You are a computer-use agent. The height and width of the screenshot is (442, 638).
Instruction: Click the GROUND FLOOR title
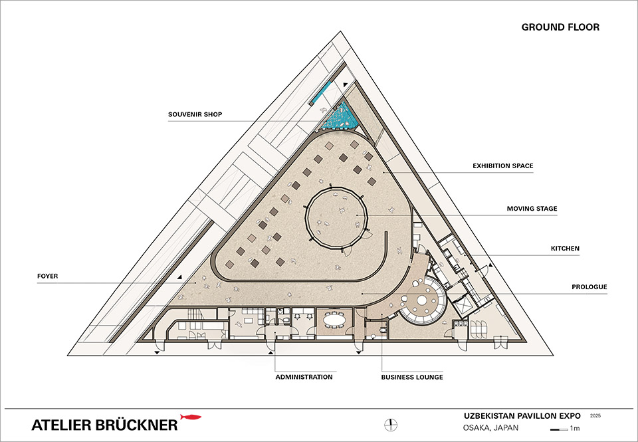[x=560, y=27]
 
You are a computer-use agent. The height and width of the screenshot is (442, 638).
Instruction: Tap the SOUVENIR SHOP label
[x=195, y=114]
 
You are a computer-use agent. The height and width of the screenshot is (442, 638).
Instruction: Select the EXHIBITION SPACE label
[x=502, y=166]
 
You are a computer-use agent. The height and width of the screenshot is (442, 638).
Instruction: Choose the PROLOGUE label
[x=588, y=287]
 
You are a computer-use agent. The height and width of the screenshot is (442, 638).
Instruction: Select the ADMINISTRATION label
[x=304, y=377]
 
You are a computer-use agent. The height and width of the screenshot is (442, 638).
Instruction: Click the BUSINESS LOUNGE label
[x=412, y=377]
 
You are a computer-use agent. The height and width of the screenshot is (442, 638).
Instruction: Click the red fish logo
[x=191, y=417]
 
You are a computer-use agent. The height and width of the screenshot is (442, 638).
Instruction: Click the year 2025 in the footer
[x=595, y=415]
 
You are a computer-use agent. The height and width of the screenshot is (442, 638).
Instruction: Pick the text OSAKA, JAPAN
[x=490, y=427]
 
